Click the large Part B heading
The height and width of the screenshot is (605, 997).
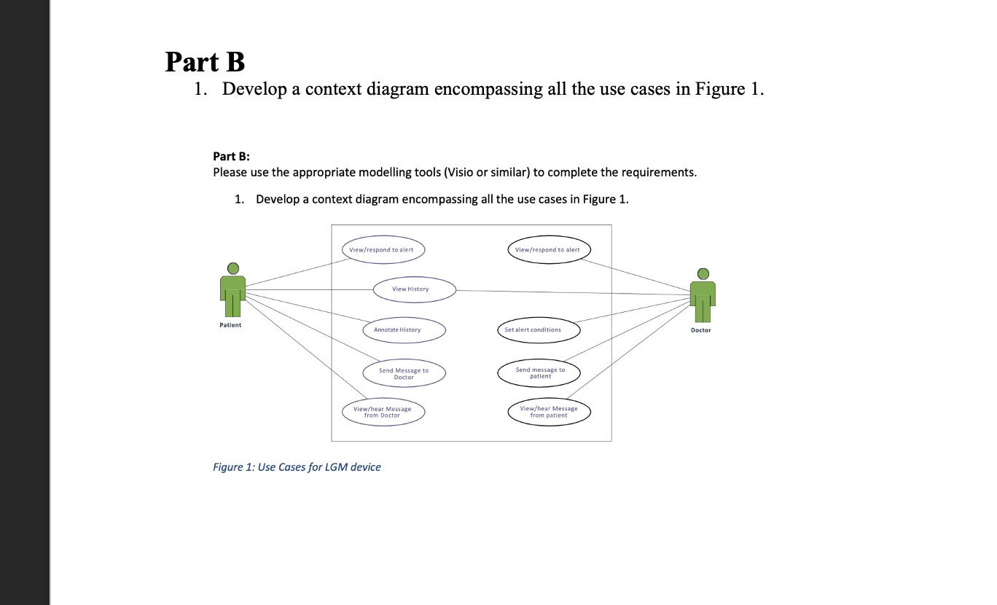point(205,62)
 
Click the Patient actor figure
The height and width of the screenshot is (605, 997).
point(232,292)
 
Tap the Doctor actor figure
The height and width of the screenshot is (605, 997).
point(703,297)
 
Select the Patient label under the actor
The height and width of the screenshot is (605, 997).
point(230,324)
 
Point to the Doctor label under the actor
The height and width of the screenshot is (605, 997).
point(700,330)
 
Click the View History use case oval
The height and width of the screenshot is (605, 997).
point(414,289)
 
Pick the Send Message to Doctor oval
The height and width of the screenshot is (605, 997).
point(404,374)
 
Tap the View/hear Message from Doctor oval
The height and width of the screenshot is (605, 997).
point(383,412)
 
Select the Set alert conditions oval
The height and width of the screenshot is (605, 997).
point(539,330)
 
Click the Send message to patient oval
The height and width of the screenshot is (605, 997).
point(539,373)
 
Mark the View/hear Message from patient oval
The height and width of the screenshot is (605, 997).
point(549,412)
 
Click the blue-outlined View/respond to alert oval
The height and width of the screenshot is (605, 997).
point(383,249)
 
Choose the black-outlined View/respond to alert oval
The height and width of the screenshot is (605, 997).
point(549,249)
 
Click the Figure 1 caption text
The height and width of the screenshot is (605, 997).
point(297,467)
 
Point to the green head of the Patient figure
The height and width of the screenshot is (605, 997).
point(232,268)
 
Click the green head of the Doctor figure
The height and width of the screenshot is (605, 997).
point(703,273)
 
